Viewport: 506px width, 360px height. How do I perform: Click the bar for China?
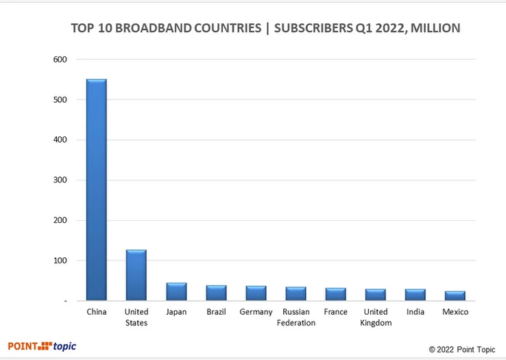point(97,190)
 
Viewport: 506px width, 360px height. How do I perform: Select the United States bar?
point(136,275)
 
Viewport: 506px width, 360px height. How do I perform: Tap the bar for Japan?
point(176,291)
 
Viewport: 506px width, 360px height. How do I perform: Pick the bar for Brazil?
point(217,293)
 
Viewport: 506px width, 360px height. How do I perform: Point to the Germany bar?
point(256,293)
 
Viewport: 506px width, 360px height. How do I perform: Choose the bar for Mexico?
point(455,296)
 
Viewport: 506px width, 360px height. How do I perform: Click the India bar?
point(415,295)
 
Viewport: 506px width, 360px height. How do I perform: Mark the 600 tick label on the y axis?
point(60,60)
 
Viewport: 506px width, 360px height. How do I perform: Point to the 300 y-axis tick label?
point(60,180)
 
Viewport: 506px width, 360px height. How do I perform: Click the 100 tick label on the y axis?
point(60,261)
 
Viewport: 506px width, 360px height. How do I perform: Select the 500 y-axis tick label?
point(60,100)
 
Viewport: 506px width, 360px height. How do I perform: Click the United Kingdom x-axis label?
point(376,317)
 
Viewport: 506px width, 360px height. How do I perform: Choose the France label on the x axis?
point(336,313)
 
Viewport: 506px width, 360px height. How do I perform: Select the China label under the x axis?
point(97,313)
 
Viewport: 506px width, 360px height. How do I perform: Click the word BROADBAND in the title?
point(157,29)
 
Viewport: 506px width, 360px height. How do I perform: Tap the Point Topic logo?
point(42,346)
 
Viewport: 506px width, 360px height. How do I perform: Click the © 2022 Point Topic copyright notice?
point(462,350)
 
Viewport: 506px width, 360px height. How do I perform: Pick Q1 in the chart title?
point(356,29)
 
